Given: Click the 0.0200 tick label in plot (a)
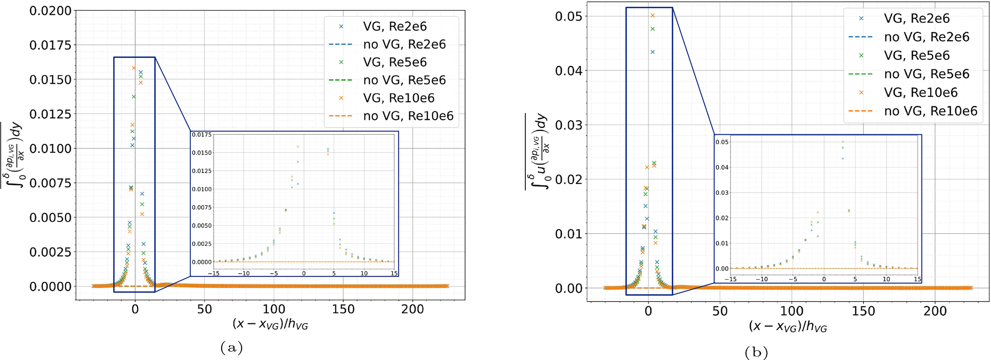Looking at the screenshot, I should (x=50, y=11).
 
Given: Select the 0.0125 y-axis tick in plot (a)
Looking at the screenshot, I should (x=50, y=114).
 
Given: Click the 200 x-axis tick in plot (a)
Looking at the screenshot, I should (x=413, y=310).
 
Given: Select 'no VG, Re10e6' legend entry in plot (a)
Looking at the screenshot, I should (x=408, y=116).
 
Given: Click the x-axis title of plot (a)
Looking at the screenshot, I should (x=270, y=325).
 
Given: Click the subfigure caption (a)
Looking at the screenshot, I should (x=232, y=347).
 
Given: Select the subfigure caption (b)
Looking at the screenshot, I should (x=756, y=352).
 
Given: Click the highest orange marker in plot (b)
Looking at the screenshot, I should (x=653, y=15).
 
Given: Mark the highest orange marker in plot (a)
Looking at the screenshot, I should (x=134, y=68).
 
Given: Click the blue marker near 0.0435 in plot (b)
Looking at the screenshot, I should (x=653, y=52).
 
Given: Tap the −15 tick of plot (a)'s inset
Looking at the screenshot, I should (x=213, y=274).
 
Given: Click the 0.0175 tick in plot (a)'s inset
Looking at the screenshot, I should (x=201, y=135).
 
